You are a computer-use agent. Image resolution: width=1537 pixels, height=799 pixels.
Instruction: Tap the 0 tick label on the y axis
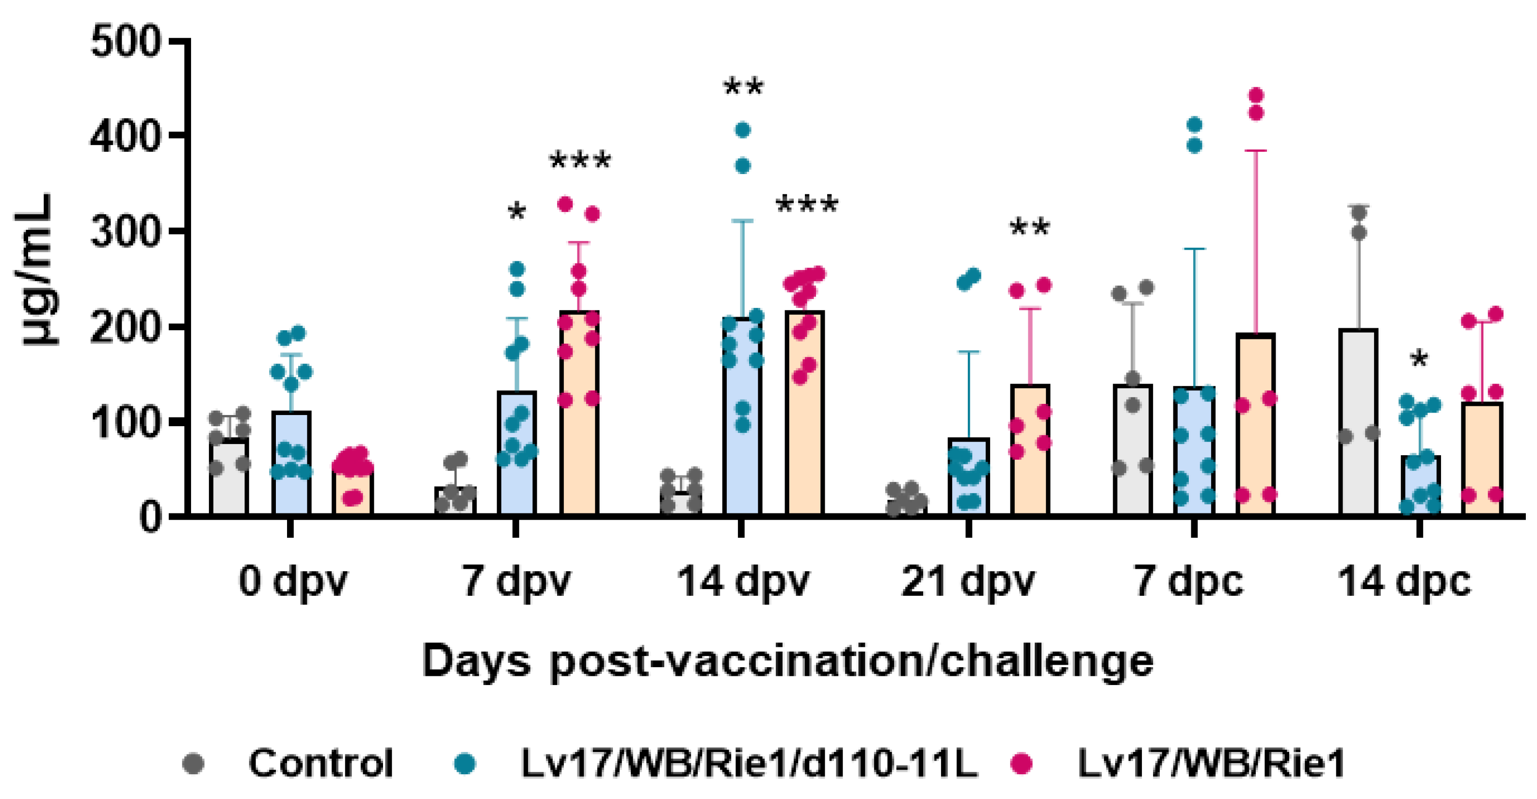149,517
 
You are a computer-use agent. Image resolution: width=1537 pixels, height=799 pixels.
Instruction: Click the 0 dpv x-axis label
292,581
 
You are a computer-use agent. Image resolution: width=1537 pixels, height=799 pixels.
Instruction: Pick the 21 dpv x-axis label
967,581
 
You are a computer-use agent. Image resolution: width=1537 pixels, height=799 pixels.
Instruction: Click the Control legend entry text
321,763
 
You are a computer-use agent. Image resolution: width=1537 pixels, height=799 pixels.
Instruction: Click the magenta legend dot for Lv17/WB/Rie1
1023,763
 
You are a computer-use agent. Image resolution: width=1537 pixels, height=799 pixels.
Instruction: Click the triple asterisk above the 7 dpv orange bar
580,161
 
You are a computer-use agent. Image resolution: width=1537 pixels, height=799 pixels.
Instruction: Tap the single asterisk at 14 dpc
1419,360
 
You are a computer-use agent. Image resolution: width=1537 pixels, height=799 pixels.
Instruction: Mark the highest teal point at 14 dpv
743,130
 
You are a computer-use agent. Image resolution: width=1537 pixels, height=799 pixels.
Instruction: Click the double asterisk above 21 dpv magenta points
1030,228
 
